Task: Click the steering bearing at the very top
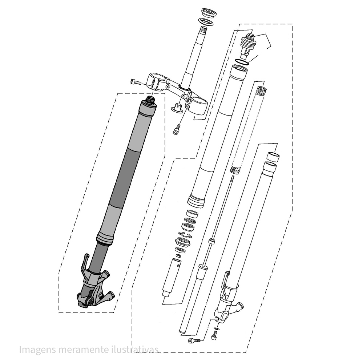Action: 209,12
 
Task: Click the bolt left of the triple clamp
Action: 136,82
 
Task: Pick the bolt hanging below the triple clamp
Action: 177,129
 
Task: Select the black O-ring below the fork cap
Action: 242,62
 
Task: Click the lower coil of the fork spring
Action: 236,170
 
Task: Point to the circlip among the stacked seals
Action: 185,236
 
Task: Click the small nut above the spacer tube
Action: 178,255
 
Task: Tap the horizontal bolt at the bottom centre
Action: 194,340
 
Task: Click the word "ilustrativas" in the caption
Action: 136,349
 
